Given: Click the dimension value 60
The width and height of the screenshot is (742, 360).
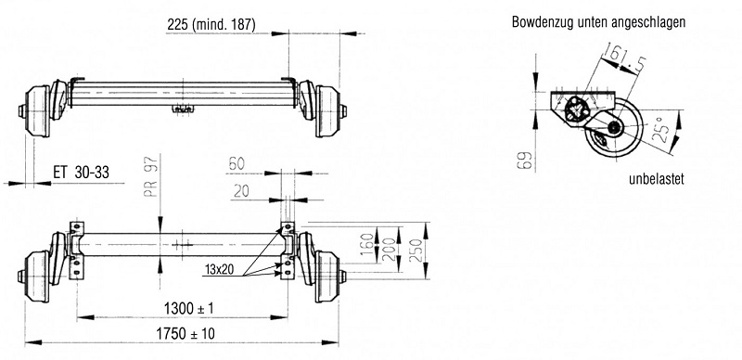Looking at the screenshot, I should pyautogui.click(x=237, y=163).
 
